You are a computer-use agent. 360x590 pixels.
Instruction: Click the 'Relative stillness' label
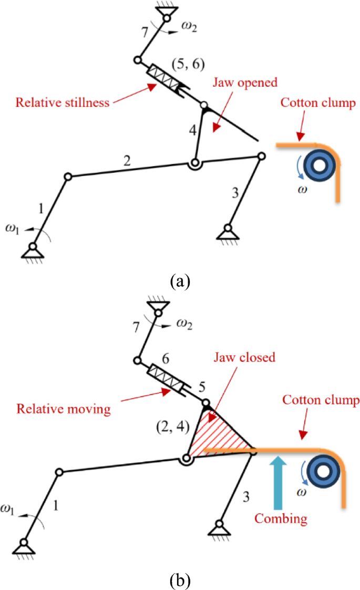(62, 102)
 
